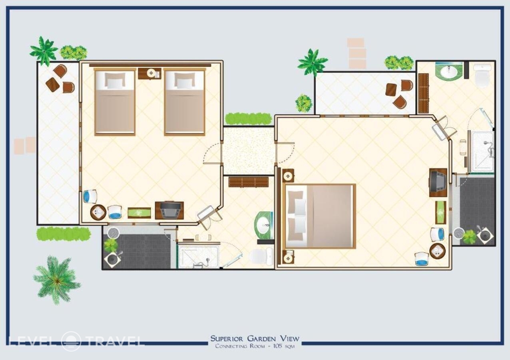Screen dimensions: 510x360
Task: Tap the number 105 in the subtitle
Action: click(x=277, y=346)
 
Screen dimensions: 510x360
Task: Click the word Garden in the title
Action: click(x=262, y=338)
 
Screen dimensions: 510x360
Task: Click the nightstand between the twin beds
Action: click(x=149, y=73)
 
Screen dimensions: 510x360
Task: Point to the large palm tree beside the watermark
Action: click(x=57, y=280)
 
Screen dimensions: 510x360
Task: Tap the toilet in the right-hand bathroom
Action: click(x=482, y=75)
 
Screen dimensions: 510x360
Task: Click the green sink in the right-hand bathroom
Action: click(x=448, y=71)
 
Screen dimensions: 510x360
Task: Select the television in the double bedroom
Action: click(x=438, y=182)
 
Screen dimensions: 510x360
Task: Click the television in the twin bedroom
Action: click(x=169, y=210)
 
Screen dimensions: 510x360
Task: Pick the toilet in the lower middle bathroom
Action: click(x=261, y=256)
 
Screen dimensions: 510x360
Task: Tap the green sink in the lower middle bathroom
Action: click(x=264, y=225)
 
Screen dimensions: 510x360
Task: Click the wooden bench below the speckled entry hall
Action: click(x=248, y=182)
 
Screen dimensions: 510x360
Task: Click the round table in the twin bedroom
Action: click(x=98, y=212)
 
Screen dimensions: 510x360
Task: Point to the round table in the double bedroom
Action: click(x=437, y=251)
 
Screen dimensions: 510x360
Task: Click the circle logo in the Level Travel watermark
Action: click(x=71, y=341)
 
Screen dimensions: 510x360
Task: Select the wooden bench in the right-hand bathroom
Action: click(x=424, y=94)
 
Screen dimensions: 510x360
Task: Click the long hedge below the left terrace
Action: click(x=64, y=234)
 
